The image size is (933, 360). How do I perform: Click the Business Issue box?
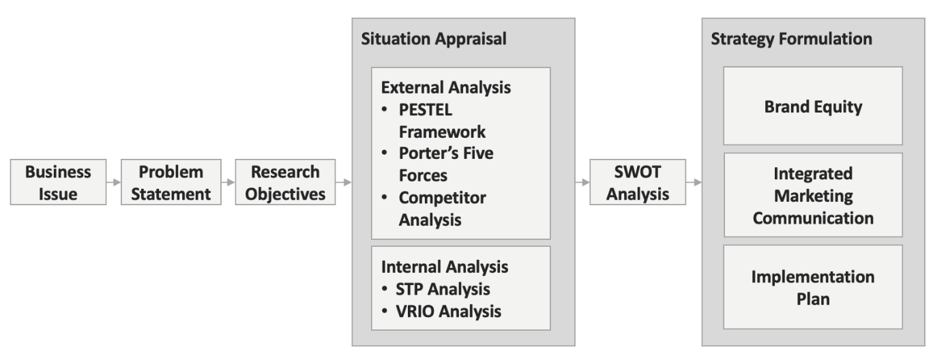click(x=58, y=182)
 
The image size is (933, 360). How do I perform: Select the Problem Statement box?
click(x=171, y=182)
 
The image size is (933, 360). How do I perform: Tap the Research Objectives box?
click(x=285, y=182)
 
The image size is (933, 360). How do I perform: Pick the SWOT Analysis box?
click(x=638, y=182)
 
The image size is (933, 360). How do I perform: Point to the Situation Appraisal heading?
click(x=433, y=39)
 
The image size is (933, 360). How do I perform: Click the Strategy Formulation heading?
click(x=791, y=39)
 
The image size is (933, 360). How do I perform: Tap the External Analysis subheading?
click(x=446, y=88)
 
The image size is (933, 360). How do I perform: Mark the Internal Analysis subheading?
click(x=444, y=266)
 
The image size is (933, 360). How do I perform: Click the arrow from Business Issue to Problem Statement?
click(x=113, y=182)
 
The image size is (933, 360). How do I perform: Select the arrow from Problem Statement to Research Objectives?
click(x=228, y=182)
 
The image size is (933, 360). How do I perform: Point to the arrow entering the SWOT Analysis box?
click(x=582, y=182)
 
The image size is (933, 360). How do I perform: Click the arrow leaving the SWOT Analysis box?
click(x=694, y=182)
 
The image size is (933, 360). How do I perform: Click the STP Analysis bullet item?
click(x=443, y=289)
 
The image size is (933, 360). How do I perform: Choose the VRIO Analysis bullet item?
click(x=449, y=312)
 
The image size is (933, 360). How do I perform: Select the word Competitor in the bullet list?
click(x=442, y=198)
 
